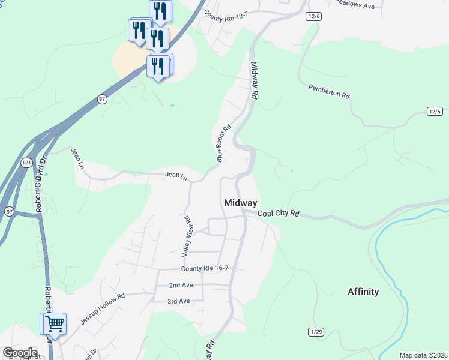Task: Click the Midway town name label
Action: [240, 203]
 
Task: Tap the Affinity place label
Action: [363, 292]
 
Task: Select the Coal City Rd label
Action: [278, 214]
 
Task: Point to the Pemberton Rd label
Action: [328, 91]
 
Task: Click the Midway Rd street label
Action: [254, 81]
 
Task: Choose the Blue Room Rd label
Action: [223, 143]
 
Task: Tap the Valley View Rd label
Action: [186, 237]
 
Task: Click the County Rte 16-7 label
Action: [205, 269]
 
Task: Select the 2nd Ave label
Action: [181, 286]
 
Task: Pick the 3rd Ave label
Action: [179, 301]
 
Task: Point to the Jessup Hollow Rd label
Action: [103, 308]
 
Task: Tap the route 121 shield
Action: [26, 163]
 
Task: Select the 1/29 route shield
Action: [316, 332]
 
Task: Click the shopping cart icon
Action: [55, 324]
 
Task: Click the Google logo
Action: [19, 353]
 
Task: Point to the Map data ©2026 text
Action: [423, 355]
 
